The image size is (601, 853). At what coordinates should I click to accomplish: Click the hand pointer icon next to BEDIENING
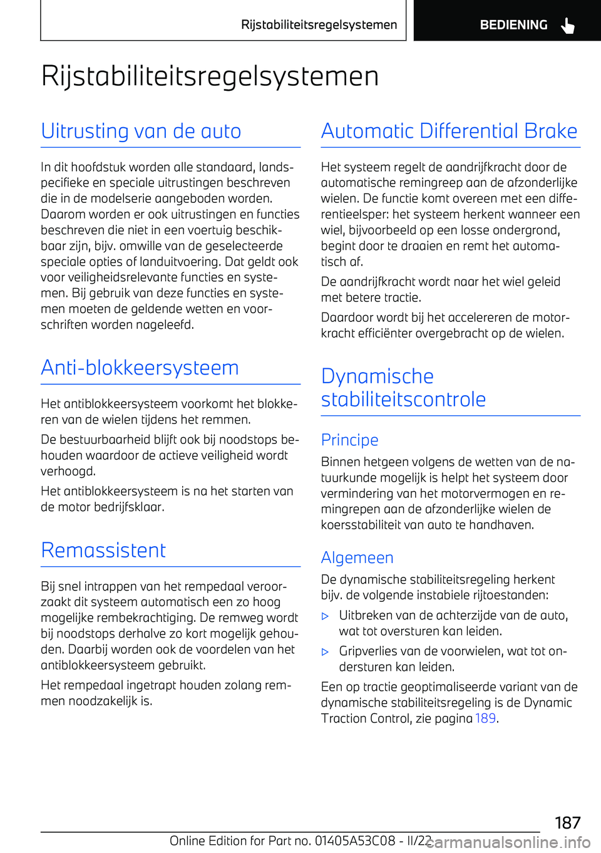coord(567,26)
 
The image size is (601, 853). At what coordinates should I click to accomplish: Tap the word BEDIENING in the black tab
coord(513,25)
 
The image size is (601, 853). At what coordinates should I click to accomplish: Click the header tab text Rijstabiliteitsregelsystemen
coord(319,25)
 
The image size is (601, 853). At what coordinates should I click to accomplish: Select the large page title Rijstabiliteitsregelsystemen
coord(210,76)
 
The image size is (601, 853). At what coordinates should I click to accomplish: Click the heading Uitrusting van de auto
coord(141,131)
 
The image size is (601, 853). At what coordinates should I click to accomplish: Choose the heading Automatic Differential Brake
coord(449,131)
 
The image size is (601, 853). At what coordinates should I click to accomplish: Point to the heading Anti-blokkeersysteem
coord(140,368)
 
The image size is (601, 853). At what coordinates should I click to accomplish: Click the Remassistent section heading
coord(103,551)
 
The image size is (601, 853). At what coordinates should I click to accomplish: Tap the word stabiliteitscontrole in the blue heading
coord(403,400)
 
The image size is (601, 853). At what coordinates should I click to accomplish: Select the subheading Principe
coord(349,440)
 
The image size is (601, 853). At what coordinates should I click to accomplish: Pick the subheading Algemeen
coord(357,557)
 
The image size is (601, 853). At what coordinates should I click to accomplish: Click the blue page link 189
coord(485,718)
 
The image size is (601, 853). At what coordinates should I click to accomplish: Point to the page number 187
coord(567,822)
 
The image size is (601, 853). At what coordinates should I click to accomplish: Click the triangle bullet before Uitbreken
coord(325,616)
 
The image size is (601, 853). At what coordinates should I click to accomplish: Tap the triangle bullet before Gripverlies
coord(325,652)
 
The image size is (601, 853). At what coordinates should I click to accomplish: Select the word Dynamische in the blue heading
coord(377,376)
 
